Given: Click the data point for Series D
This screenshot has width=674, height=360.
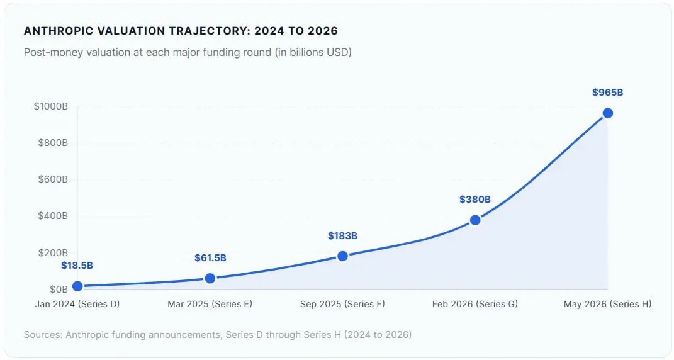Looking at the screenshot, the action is click(x=77, y=286).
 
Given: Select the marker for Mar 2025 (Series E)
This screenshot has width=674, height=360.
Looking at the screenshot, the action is click(x=210, y=278).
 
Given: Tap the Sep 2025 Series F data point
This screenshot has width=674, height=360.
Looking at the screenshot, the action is click(x=342, y=256).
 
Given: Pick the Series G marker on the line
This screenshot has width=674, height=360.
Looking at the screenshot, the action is click(x=475, y=220).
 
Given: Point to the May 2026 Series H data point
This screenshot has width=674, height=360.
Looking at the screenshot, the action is click(x=608, y=113).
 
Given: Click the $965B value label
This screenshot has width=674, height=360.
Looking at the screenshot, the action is click(x=607, y=93).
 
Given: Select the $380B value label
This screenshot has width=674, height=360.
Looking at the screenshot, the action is click(x=475, y=200).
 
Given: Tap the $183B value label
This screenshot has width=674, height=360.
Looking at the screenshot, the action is click(x=342, y=235).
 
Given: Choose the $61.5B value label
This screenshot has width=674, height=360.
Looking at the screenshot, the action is click(x=210, y=258).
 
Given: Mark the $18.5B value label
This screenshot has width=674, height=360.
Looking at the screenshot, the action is click(x=77, y=266).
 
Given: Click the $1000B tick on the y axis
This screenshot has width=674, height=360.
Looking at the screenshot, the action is click(x=51, y=106).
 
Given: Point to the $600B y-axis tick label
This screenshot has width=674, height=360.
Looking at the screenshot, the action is click(x=53, y=179).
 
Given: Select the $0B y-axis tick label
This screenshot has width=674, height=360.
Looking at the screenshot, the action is click(x=59, y=289).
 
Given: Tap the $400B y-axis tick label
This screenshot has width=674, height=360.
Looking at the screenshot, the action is click(x=53, y=216).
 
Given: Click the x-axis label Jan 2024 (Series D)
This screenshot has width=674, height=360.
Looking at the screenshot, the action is click(x=77, y=304).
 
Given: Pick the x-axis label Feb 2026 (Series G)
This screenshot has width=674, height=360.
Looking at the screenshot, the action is click(x=475, y=304).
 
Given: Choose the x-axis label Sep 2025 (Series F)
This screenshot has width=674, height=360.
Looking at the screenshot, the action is click(x=342, y=304).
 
